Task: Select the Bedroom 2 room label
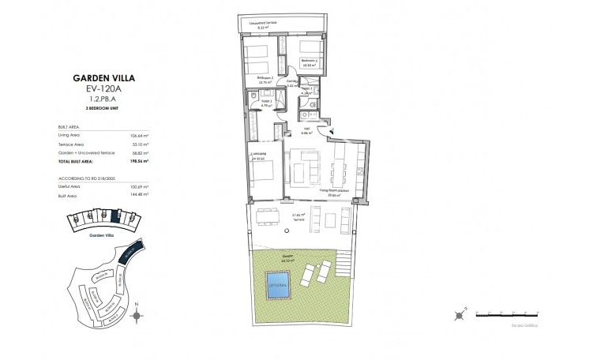[265, 77]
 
